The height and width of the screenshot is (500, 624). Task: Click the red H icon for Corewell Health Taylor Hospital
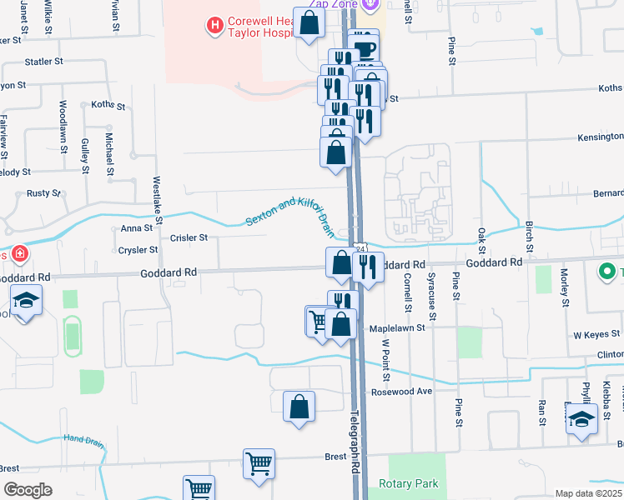point(215,26)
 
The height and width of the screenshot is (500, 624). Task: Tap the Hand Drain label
point(85,439)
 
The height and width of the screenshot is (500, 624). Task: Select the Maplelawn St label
point(397,328)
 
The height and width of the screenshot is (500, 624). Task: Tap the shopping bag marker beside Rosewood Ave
point(299,407)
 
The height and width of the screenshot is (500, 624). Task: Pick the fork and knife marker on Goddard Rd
point(367,267)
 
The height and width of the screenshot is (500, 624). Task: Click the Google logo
point(28,490)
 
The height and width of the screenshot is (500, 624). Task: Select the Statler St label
point(44,62)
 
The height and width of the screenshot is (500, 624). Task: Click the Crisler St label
point(189,237)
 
